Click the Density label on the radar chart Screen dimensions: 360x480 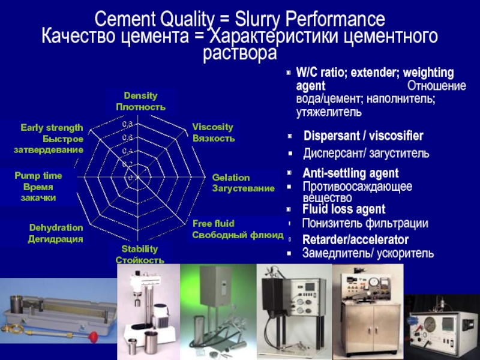[140, 96]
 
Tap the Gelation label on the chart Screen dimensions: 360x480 [231, 178]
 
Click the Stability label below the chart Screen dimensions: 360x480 [139, 249]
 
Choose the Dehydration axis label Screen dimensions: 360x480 [56, 228]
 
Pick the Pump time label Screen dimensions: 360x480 [38, 176]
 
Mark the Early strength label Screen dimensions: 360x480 [51, 128]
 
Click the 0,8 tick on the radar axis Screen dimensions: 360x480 [127, 124]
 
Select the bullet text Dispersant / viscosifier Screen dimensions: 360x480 [363, 136]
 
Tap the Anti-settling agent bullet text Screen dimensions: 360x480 [350, 173]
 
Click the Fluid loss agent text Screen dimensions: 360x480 [343, 209]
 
